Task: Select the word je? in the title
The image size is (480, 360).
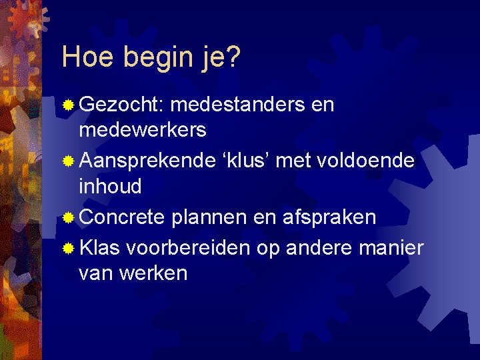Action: point(219,59)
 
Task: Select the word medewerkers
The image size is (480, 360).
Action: point(143,130)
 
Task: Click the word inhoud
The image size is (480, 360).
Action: point(110,186)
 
